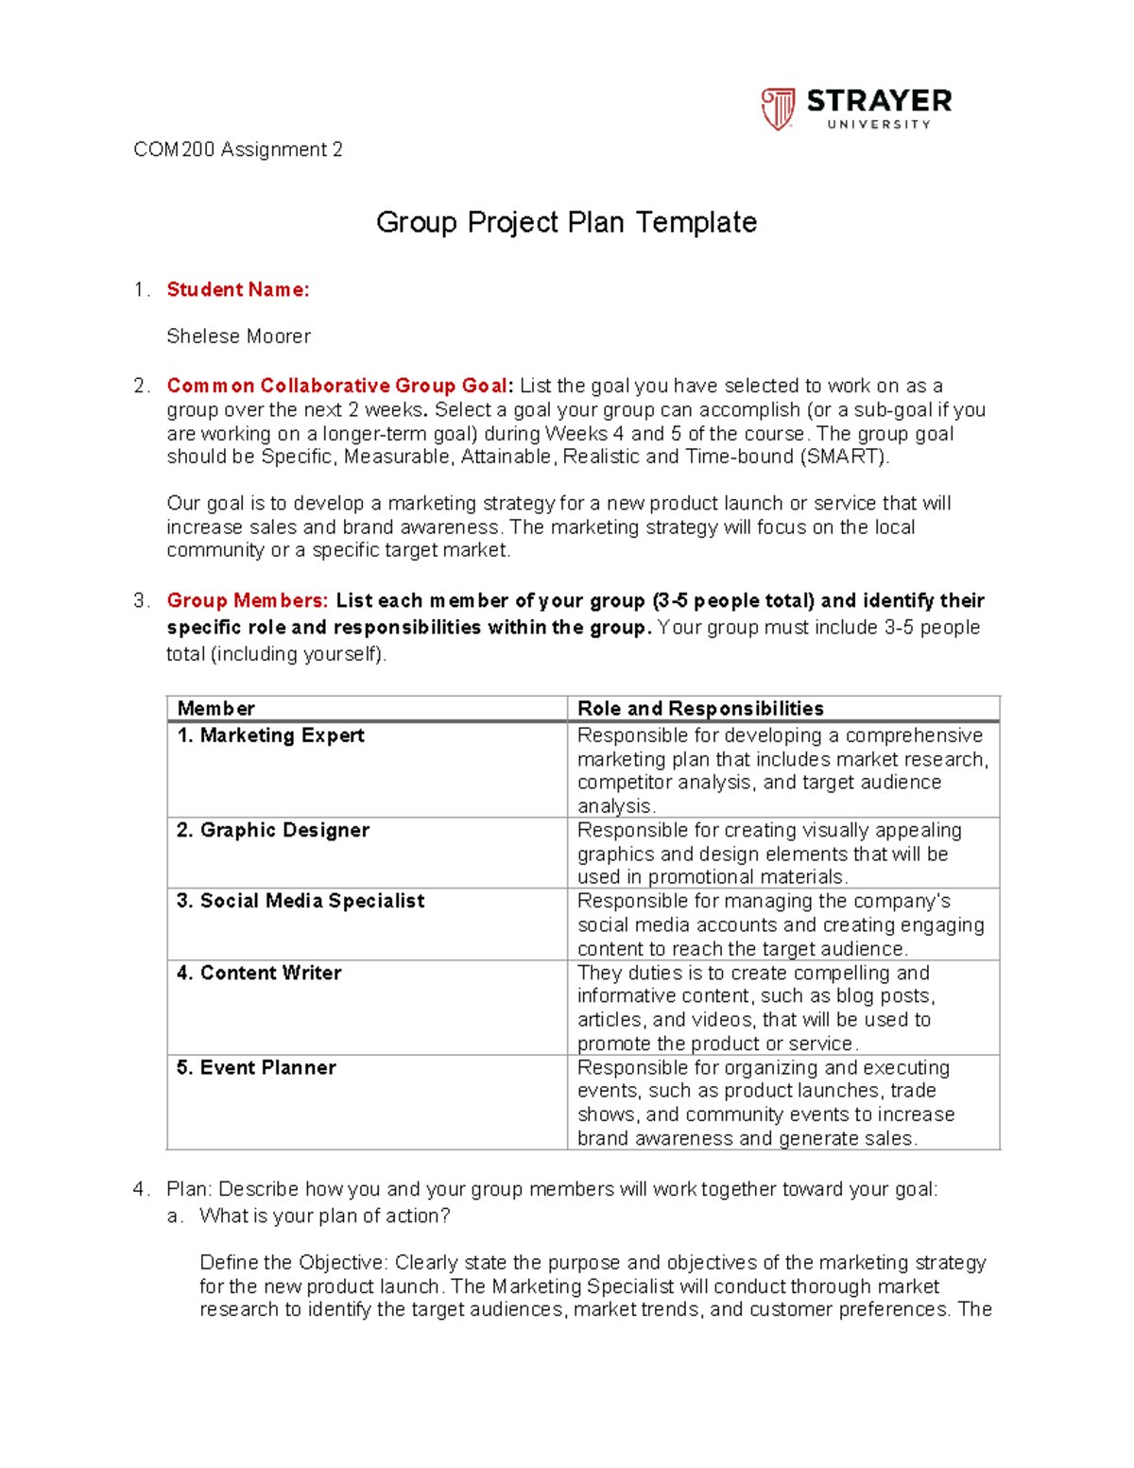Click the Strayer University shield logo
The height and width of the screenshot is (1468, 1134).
tap(778, 109)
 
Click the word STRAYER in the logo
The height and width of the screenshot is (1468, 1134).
tap(879, 101)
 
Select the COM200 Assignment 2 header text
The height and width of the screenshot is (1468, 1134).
tap(238, 149)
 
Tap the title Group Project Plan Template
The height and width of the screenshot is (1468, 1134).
tap(566, 222)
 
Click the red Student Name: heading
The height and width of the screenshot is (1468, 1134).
tap(238, 289)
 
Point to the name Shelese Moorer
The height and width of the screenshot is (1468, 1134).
tap(238, 337)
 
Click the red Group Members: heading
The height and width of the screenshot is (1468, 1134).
tap(248, 601)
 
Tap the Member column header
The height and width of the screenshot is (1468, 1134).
tap(216, 708)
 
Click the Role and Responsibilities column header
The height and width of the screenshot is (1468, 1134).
tap(700, 708)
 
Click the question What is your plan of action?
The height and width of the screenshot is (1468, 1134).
tap(325, 1216)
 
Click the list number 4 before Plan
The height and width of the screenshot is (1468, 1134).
tap(139, 1189)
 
